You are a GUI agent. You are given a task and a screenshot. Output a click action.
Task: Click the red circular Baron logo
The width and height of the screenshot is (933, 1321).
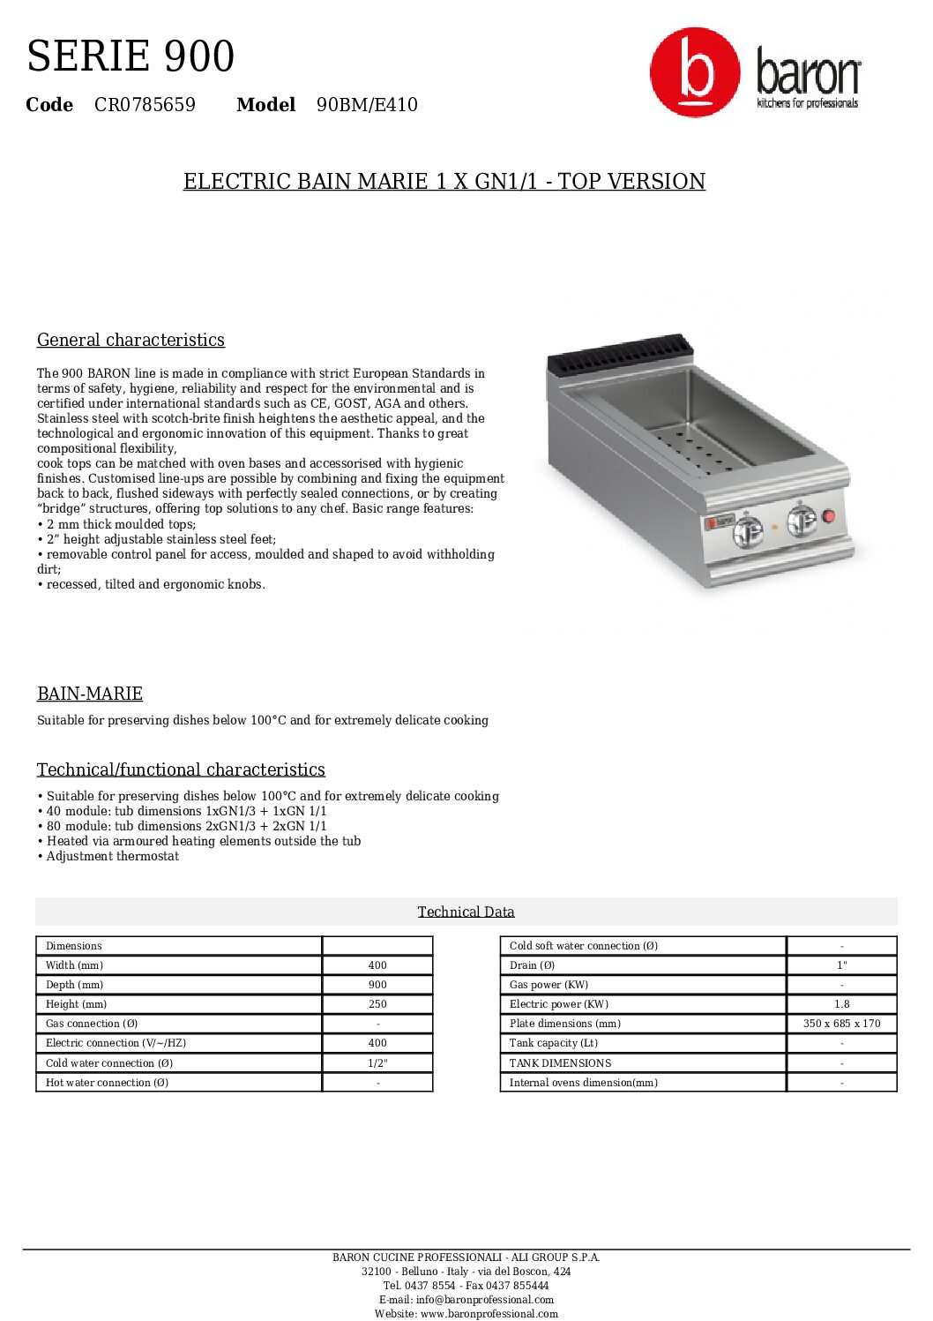point(695,72)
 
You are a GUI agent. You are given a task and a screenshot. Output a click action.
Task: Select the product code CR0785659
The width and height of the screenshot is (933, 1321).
point(145,105)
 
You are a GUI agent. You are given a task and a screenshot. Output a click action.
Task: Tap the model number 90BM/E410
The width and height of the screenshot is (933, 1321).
point(367,105)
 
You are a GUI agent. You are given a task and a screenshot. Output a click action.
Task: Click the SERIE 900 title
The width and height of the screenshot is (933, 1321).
point(131,56)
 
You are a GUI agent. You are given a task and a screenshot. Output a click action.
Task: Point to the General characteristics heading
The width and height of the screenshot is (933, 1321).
point(131,340)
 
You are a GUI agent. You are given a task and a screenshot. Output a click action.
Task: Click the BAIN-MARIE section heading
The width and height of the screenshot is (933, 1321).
point(90,694)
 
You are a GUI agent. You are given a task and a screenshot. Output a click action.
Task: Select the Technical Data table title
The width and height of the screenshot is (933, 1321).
point(466,912)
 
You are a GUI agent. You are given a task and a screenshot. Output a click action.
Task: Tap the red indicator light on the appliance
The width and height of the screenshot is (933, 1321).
point(828,516)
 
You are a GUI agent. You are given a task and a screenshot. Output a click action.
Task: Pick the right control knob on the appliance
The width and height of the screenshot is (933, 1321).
point(802,520)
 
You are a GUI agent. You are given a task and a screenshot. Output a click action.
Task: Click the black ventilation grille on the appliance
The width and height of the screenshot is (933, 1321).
point(617,352)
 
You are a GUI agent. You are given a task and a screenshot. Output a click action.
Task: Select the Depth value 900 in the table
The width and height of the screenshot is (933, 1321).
point(377,985)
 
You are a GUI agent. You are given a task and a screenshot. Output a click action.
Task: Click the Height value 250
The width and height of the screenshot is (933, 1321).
point(377,1004)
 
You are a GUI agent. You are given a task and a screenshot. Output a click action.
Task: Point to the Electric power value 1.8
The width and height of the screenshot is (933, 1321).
point(841,1004)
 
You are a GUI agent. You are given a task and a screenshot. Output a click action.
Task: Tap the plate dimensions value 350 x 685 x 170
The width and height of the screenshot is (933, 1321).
point(841,1024)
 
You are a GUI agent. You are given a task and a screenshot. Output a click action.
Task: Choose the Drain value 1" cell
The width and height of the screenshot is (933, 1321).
point(841,965)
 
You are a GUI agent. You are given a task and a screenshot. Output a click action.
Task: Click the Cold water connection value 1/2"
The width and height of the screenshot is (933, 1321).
point(377,1063)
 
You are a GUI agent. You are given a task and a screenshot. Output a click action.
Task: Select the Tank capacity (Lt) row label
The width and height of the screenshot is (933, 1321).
point(554,1043)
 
